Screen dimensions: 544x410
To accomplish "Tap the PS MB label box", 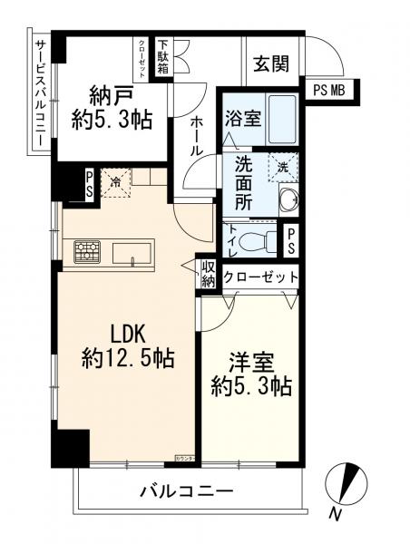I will [x=331, y=90].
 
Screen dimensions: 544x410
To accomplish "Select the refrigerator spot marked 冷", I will [x=115, y=182].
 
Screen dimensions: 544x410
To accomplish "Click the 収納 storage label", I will [x=208, y=276].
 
